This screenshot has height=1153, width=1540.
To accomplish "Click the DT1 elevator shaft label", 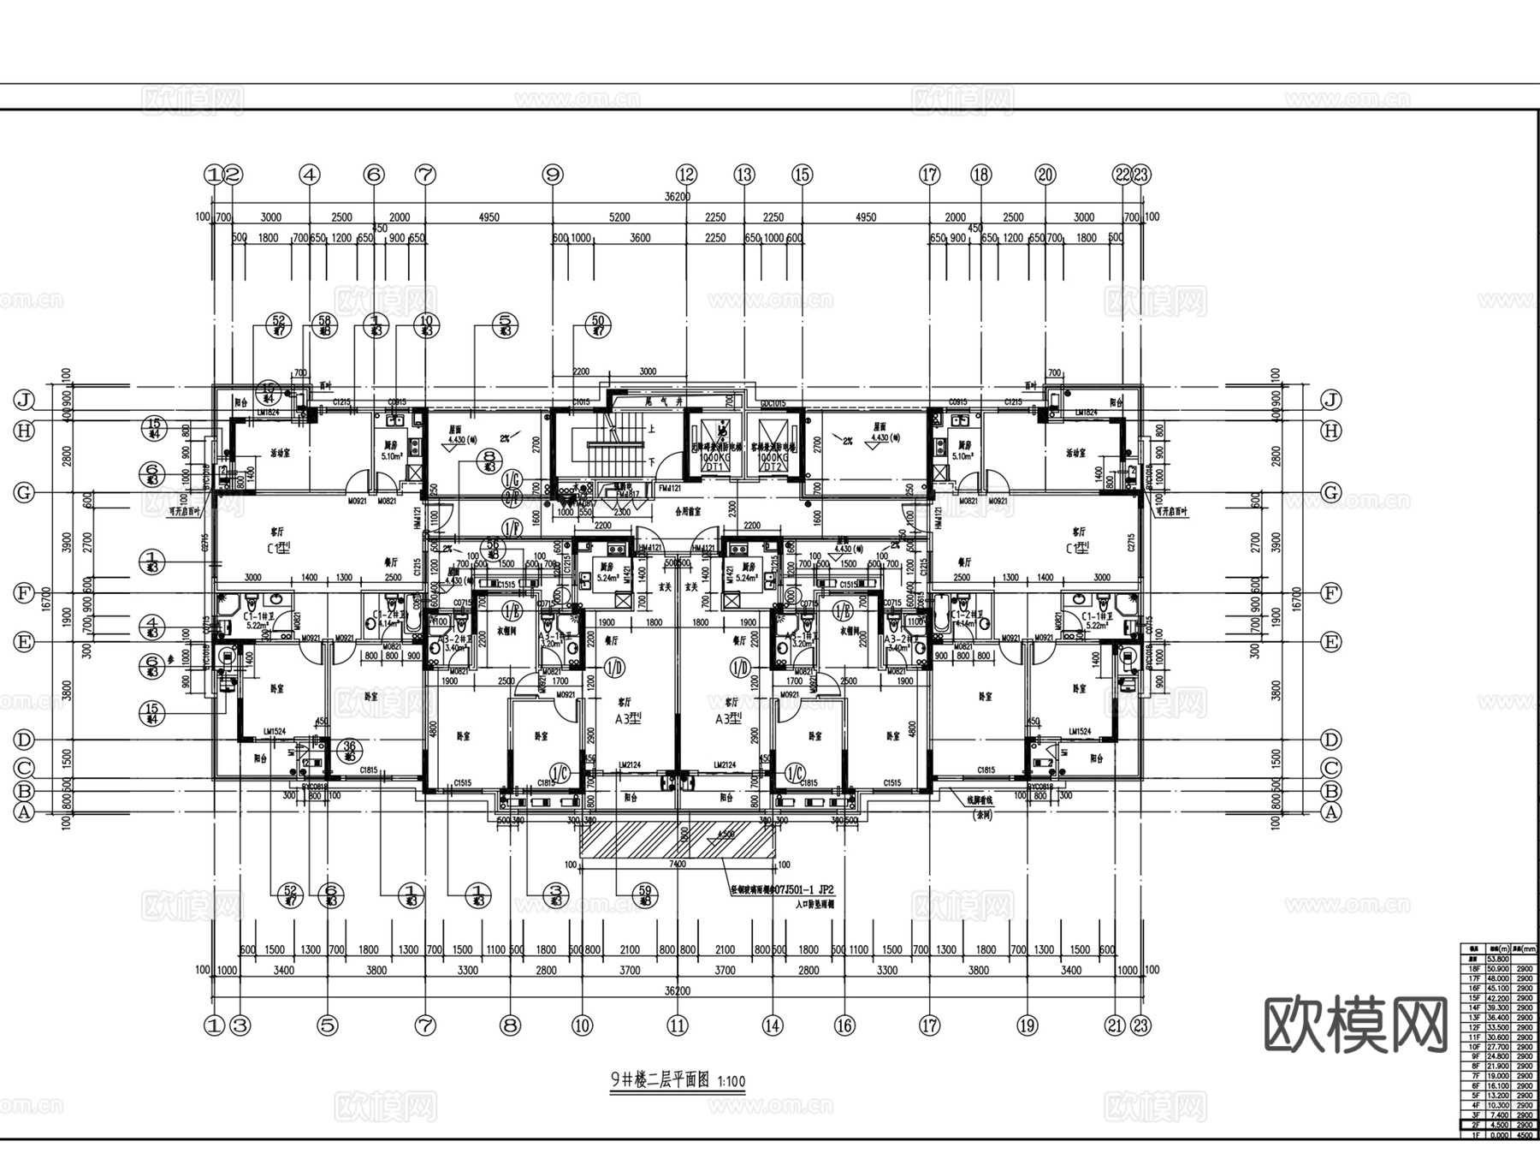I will click(x=712, y=467).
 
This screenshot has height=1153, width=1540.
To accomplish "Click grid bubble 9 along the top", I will click(x=553, y=175).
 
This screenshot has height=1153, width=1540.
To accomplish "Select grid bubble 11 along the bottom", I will click(x=678, y=1025).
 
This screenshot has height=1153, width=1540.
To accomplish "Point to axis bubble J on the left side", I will click(x=24, y=400).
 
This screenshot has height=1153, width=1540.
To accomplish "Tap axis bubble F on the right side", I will click(x=1330, y=593).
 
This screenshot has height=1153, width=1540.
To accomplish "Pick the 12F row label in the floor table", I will click(x=1473, y=1027).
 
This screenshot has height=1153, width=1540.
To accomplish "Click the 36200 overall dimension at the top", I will click(x=677, y=197).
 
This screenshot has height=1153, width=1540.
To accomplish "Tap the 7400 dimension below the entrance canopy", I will click(x=677, y=865).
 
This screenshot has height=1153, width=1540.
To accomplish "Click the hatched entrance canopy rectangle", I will click(x=677, y=838).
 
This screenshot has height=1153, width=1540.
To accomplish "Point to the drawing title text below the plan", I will click(x=677, y=1080).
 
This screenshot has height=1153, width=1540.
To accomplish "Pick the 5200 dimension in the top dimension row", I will click(x=619, y=217).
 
